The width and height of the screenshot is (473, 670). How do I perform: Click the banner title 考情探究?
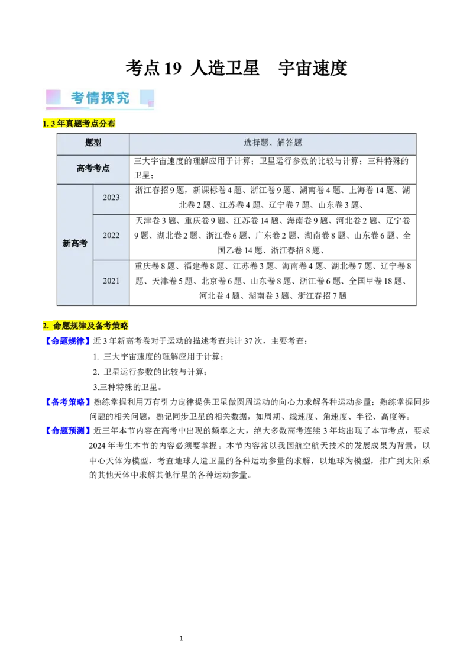click(101, 98)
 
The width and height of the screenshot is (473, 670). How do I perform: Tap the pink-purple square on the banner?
click(54, 97)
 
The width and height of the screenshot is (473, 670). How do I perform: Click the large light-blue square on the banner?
click(147, 96)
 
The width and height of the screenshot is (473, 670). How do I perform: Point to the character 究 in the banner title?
click(122, 98)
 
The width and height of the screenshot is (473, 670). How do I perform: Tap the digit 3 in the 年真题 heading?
click(53, 123)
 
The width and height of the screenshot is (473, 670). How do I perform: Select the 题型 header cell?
click(93, 143)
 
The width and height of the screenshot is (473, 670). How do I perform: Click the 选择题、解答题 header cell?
click(273, 143)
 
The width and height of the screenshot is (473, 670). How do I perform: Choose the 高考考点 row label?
click(93, 169)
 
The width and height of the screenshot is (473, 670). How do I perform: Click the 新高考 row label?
click(74, 243)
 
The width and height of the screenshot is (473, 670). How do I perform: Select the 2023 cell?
click(111, 198)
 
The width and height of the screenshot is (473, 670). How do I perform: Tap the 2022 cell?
click(111, 236)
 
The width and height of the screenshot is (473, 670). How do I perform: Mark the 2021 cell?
click(111, 281)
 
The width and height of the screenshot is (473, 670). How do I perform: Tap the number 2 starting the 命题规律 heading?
click(45, 326)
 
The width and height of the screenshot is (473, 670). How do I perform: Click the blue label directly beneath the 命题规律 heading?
click(67, 341)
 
